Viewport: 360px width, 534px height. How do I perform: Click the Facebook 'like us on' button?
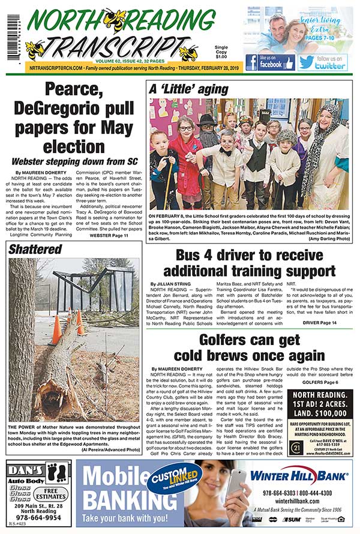coord(270,62)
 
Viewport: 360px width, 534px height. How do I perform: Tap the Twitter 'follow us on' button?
coord(322,62)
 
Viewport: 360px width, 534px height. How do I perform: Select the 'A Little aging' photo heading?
coord(188,89)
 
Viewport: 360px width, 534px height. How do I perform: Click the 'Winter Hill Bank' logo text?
coord(299,476)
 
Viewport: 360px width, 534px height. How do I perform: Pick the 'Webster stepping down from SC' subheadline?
coord(74,161)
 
